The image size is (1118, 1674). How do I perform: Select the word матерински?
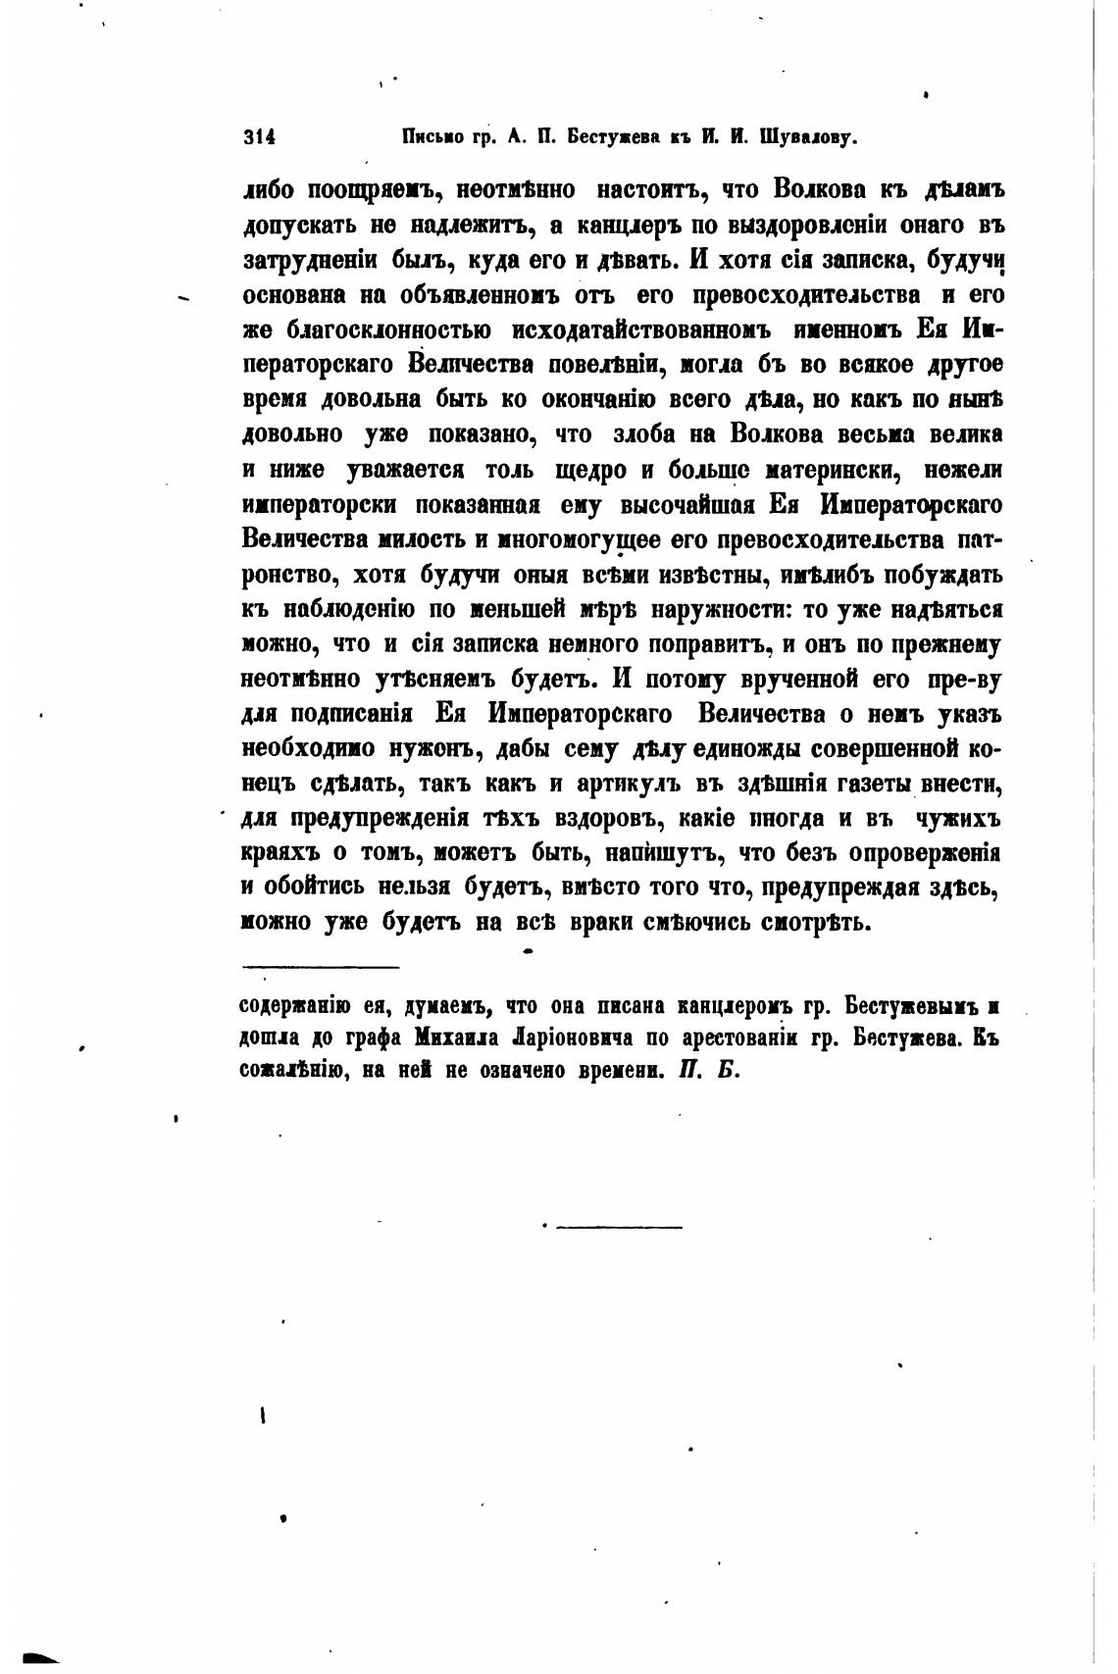(x=831, y=470)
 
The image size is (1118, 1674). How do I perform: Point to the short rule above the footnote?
(x=321, y=970)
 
